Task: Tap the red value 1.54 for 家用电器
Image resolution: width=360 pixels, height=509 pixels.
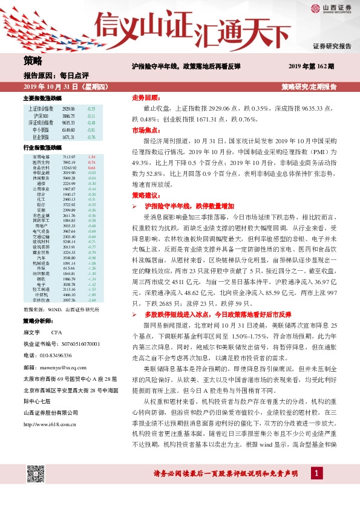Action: point(92,157)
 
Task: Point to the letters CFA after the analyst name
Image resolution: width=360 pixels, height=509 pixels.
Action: point(56,332)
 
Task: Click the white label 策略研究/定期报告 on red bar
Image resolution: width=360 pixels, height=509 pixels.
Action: point(309,87)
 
